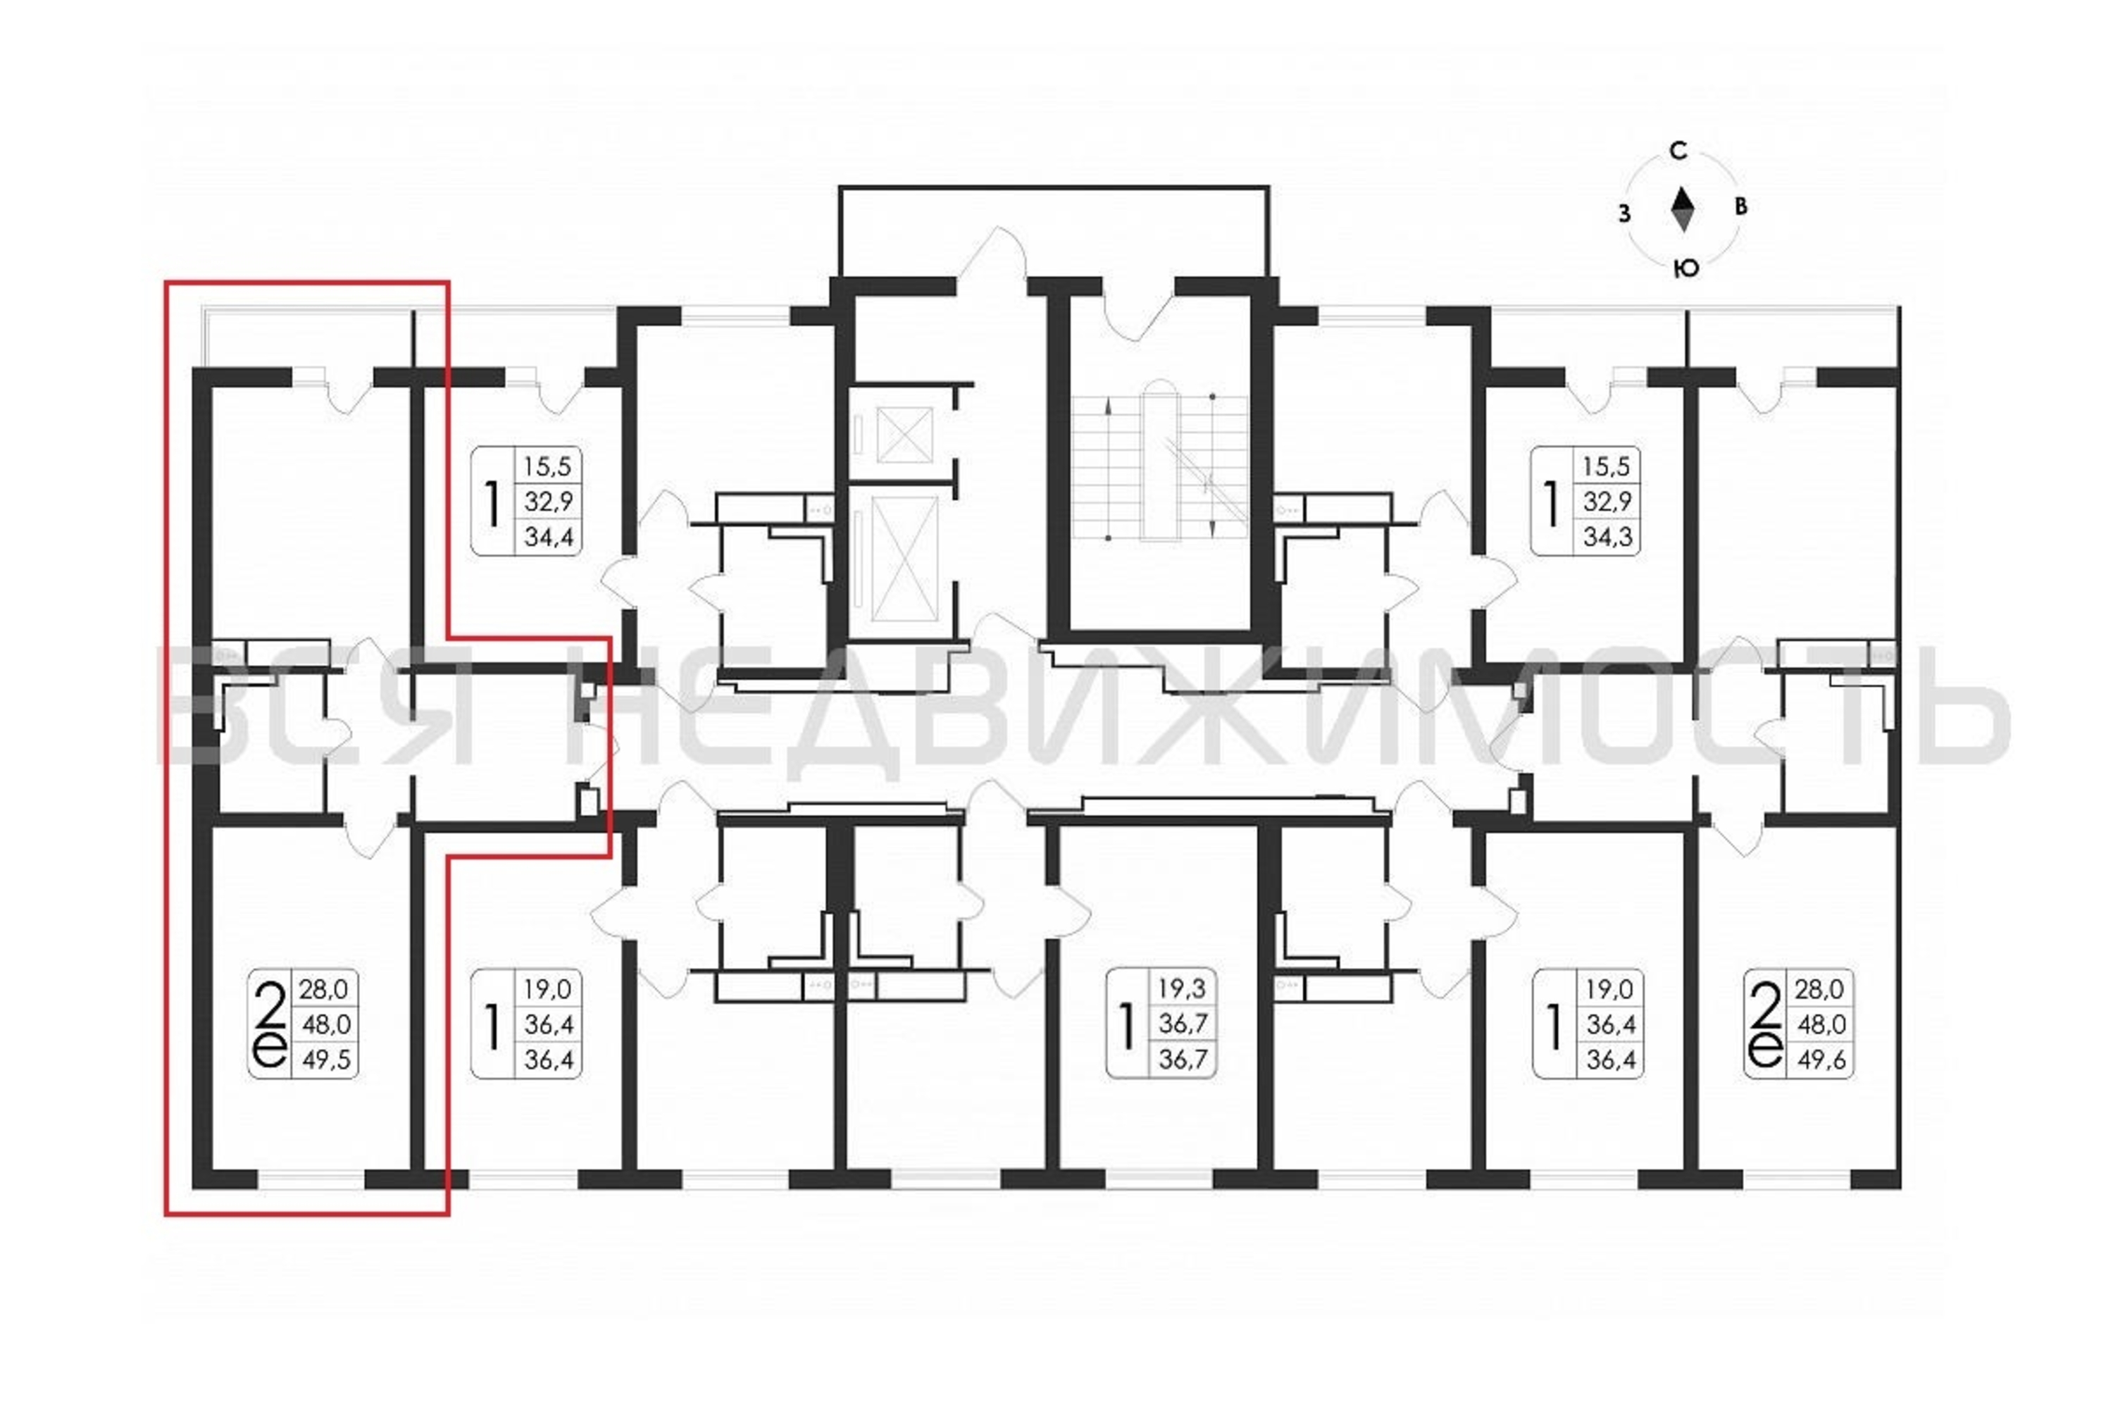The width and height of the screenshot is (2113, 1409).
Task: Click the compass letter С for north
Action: [x=1678, y=151]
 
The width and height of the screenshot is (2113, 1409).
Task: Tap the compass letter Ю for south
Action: [x=1685, y=268]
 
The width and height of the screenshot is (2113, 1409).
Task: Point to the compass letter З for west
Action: [x=1623, y=214]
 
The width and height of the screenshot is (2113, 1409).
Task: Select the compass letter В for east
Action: [x=1741, y=206]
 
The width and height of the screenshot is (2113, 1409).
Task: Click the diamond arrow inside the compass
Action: [x=1683, y=209]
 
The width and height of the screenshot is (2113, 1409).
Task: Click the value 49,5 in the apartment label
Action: [x=326, y=1060]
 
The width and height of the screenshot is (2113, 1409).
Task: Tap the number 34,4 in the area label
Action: [x=549, y=538]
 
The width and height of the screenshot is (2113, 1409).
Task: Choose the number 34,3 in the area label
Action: [x=1607, y=538]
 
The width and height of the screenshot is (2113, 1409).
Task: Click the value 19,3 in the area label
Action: [x=1183, y=988]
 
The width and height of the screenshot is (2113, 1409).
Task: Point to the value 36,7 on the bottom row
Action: [x=1183, y=1060]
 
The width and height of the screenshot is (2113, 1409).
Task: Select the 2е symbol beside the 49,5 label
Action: [x=270, y=1024]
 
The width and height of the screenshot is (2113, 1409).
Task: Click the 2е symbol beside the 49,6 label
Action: [x=1765, y=1024]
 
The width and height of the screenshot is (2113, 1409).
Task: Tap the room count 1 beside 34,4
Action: [x=492, y=502]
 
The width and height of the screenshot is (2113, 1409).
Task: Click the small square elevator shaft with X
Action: [x=904, y=435]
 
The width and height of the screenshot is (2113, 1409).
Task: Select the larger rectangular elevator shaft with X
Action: [x=904, y=559]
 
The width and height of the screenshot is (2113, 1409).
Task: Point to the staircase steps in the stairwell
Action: [x=1159, y=467]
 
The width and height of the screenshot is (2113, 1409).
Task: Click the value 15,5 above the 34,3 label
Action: [x=1607, y=466]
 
